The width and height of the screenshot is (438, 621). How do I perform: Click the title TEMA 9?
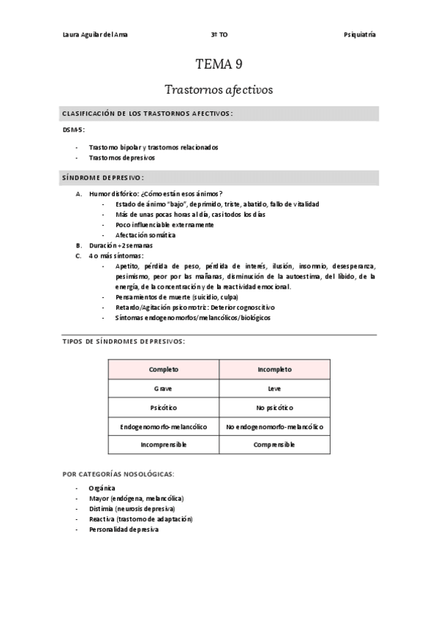219,64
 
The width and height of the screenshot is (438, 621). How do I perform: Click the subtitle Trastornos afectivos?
219,90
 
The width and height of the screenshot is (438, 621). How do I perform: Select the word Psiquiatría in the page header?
360,34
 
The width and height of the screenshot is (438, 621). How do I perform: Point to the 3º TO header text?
219,34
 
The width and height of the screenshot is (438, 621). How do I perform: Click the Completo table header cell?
163,369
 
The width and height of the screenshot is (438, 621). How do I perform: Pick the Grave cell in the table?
163,388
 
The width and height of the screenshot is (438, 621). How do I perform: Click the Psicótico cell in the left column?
163,406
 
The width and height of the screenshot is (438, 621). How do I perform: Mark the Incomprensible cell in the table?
163,445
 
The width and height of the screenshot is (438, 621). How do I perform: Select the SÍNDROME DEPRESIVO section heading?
102,177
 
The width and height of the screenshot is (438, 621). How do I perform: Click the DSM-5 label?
74,129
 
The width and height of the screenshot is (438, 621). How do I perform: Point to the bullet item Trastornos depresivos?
121,157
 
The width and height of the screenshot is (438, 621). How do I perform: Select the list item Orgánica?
102,487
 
